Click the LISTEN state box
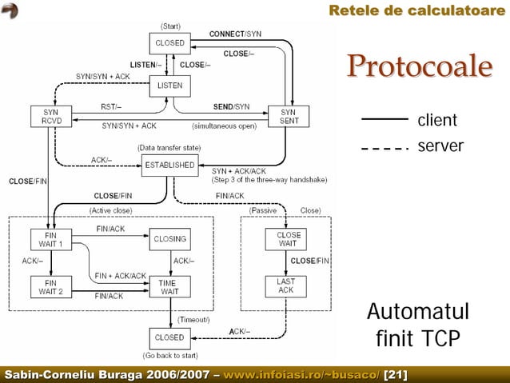[169, 85]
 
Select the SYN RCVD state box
[51, 117]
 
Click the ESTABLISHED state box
[169, 166]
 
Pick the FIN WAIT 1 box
[51, 239]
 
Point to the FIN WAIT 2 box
[51, 286]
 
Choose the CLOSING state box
[169, 239]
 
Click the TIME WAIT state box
[169, 287]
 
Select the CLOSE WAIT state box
[289, 240]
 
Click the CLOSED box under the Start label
[169, 43]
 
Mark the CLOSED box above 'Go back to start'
[169, 337]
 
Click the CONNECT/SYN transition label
[235, 34]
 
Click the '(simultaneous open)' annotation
[224, 126]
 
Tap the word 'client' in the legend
[436, 121]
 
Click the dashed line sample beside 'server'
[385, 149]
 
